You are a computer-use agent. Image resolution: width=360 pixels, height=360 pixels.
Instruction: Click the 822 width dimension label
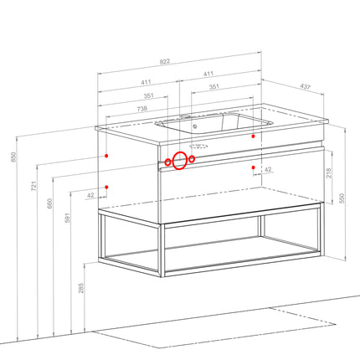pyautogui.click(x=165, y=61)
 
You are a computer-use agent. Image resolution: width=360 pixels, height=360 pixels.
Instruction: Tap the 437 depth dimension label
pyautogui.click(x=305, y=87)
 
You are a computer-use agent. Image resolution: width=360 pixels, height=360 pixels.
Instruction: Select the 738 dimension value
pyautogui.click(x=142, y=109)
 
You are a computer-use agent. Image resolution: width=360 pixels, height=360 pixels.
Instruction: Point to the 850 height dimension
pyautogui.click(x=13, y=157)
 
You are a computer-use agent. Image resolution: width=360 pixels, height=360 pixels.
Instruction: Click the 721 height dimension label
pyautogui.click(x=33, y=186)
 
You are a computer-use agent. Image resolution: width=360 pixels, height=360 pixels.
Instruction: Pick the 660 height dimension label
pyautogui.click(x=49, y=203)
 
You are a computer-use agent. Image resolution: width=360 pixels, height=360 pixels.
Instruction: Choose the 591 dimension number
pyautogui.click(x=68, y=218)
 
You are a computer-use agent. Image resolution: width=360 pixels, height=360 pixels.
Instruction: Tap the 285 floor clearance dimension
pyautogui.click(x=81, y=288)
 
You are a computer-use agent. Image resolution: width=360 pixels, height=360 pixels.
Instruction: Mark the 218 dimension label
pyautogui.click(x=329, y=173)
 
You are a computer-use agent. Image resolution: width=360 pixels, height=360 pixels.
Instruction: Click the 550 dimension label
pyautogui.click(x=342, y=198)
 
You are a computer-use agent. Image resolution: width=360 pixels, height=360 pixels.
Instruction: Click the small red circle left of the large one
pyautogui.click(x=167, y=162)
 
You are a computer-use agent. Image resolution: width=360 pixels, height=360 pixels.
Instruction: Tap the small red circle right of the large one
pyautogui.click(x=192, y=159)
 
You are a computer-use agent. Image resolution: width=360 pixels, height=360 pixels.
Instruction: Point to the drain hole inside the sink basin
pyautogui.click(x=195, y=126)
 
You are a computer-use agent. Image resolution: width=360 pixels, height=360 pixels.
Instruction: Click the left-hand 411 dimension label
pyautogui.click(x=146, y=82)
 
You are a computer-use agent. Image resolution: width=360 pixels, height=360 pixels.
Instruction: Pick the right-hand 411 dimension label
pyautogui.click(x=208, y=74)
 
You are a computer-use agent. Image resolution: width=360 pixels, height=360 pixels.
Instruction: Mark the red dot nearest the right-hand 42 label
pyautogui.click(x=253, y=167)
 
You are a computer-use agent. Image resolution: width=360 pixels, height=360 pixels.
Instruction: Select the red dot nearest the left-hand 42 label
pyautogui.click(x=106, y=187)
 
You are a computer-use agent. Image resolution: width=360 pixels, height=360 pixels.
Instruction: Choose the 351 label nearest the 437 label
pyautogui.click(x=214, y=87)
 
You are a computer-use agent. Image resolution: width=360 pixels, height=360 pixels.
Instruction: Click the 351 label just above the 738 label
pyautogui.click(x=148, y=95)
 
